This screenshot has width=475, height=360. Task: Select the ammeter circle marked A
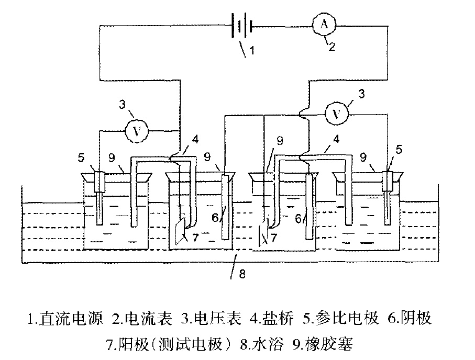click(323, 23)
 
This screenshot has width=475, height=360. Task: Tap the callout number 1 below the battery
click(251, 51)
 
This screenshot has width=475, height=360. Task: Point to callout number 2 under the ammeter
click(331, 46)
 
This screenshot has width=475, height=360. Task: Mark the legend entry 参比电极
click(349, 319)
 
